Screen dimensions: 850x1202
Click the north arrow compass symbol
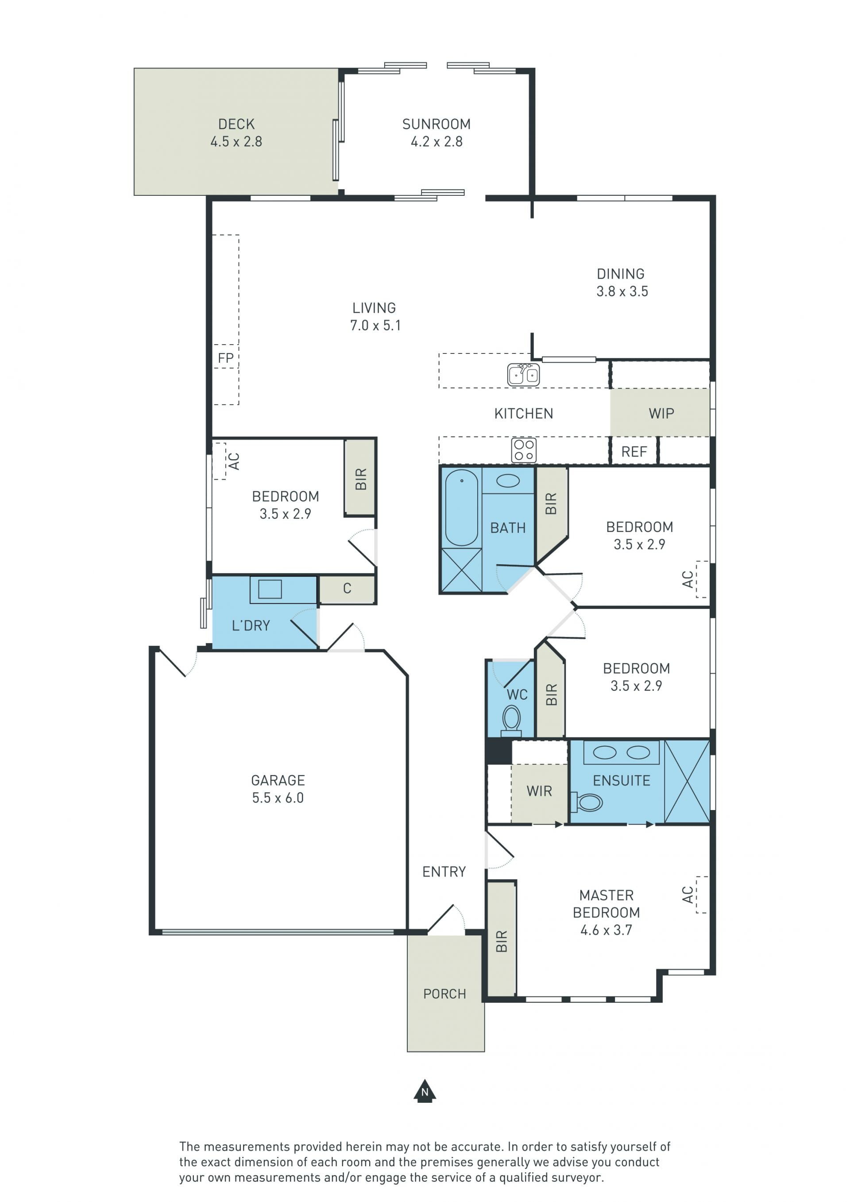point(425,1092)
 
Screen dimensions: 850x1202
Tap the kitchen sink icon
point(523,374)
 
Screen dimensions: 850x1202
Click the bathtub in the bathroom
point(462,508)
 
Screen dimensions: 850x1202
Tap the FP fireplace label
point(226,358)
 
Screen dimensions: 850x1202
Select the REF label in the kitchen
point(634,451)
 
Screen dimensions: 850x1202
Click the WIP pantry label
point(661,413)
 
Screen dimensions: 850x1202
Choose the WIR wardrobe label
point(540,791)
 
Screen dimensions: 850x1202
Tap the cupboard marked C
point(347,589)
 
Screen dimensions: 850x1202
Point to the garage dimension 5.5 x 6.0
point(278,798)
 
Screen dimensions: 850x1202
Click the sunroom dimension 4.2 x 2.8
point(437,142)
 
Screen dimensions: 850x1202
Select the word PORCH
point(444,994)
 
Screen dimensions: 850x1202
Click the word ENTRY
point(444,872)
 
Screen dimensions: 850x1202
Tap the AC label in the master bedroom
point(688,895)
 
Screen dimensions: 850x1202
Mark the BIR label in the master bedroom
point(502,941)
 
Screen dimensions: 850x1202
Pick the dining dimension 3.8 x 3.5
point(622,291)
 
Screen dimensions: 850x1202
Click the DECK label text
point(236,124)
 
